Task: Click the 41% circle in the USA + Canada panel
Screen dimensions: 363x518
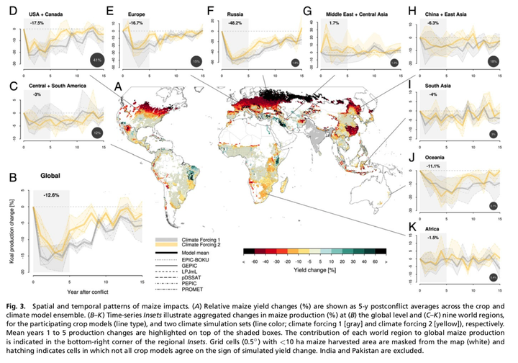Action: [97, 61]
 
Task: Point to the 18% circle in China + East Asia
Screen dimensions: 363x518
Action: [493, 62]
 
